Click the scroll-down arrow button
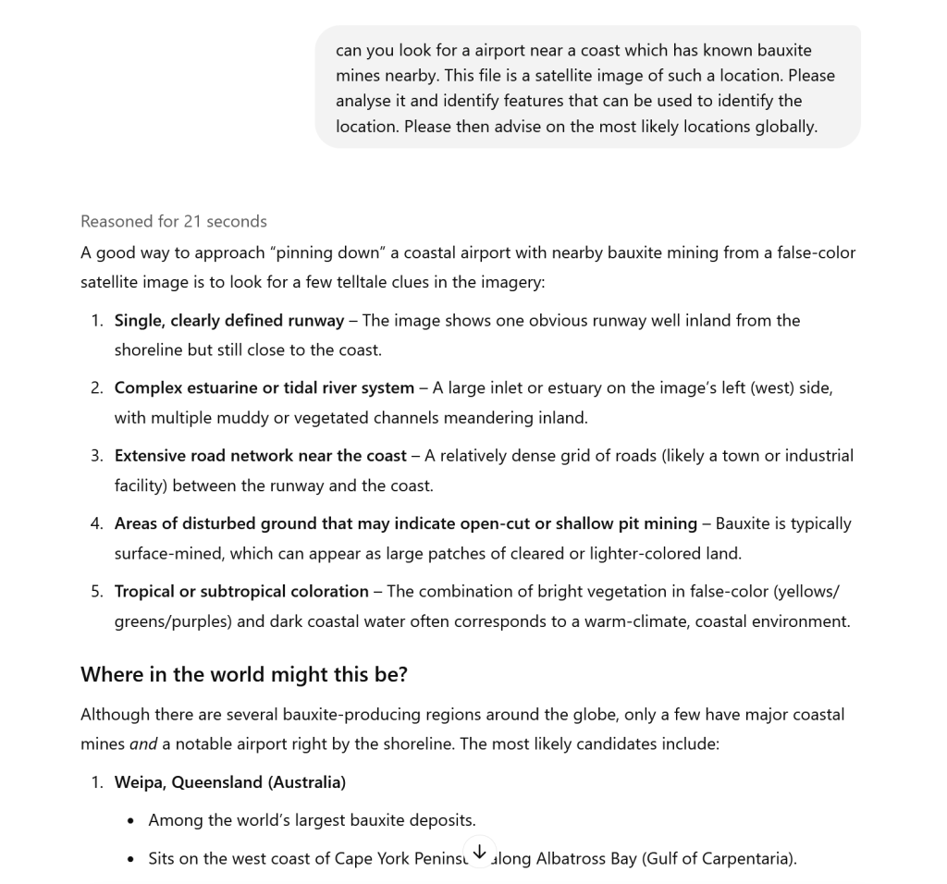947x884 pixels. (x=479, y=853)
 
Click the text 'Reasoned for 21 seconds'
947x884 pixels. (x=173, y=221)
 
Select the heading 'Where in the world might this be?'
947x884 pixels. (x=243, y=674)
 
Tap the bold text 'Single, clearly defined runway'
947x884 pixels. (x=228, y=320)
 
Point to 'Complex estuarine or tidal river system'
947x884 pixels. (x=264, y=387)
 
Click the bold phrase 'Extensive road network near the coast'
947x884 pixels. (x=260, y=455)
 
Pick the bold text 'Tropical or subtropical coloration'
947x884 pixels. (x=241, y=591)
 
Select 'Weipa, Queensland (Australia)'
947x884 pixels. (x=229, y=782)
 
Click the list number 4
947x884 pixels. (x=96, y=523)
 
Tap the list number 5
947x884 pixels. (x=96, y=591)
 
